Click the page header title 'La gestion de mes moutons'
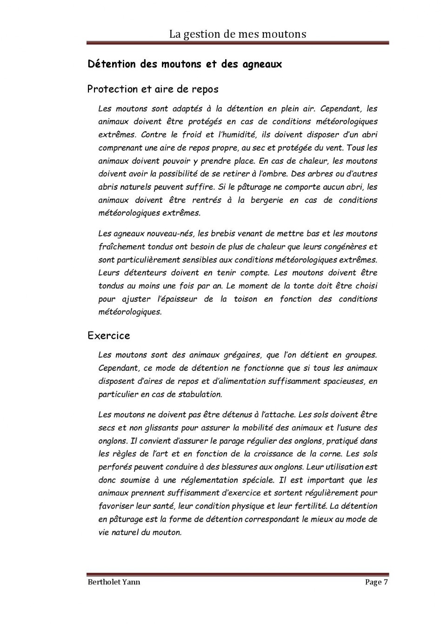point(237,34)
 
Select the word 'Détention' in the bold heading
point(111,64)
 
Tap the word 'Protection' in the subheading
point(113,89)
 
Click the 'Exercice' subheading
point(109,335)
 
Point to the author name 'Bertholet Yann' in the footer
point(114,582)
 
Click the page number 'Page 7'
point(376,582)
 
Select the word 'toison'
point(245,299)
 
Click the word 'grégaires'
point(240,355)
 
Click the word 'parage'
point(231,441)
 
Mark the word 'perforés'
point(114,467)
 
